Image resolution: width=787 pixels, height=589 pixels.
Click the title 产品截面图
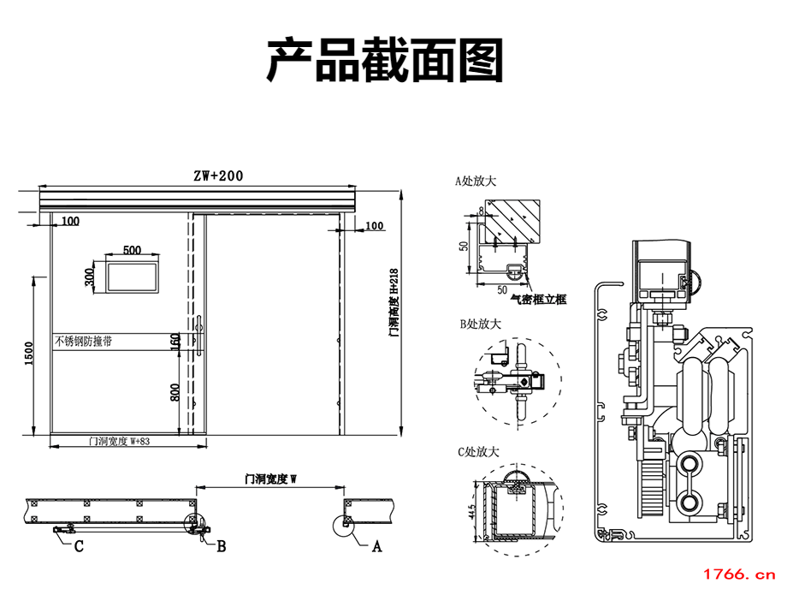click(385, 61)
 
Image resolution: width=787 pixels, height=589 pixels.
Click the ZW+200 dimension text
click(217, 176)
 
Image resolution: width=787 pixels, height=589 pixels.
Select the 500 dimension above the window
click(132, 250)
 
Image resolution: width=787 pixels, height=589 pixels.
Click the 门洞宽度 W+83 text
click(120, 442)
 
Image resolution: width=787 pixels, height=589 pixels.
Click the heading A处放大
click(476, 181)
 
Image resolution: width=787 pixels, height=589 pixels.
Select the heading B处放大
click(480, 324)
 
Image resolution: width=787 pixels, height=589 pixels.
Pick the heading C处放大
click(479, 451)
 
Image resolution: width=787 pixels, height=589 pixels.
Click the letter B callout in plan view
click(221, 545)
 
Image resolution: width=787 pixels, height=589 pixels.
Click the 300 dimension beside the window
click(89, 277)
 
